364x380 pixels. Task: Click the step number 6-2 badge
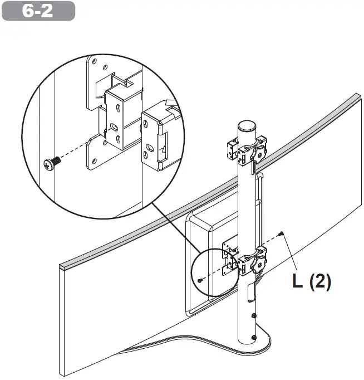click(x=38, y=11)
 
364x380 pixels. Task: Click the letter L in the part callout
click(x=298, y=281)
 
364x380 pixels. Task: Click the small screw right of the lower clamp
click(x=283, y=233)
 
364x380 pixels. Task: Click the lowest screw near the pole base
click(x=254, y=338)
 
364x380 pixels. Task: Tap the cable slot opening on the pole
click(x=250, y=290)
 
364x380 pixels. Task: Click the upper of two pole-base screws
click(x=254, y=315)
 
